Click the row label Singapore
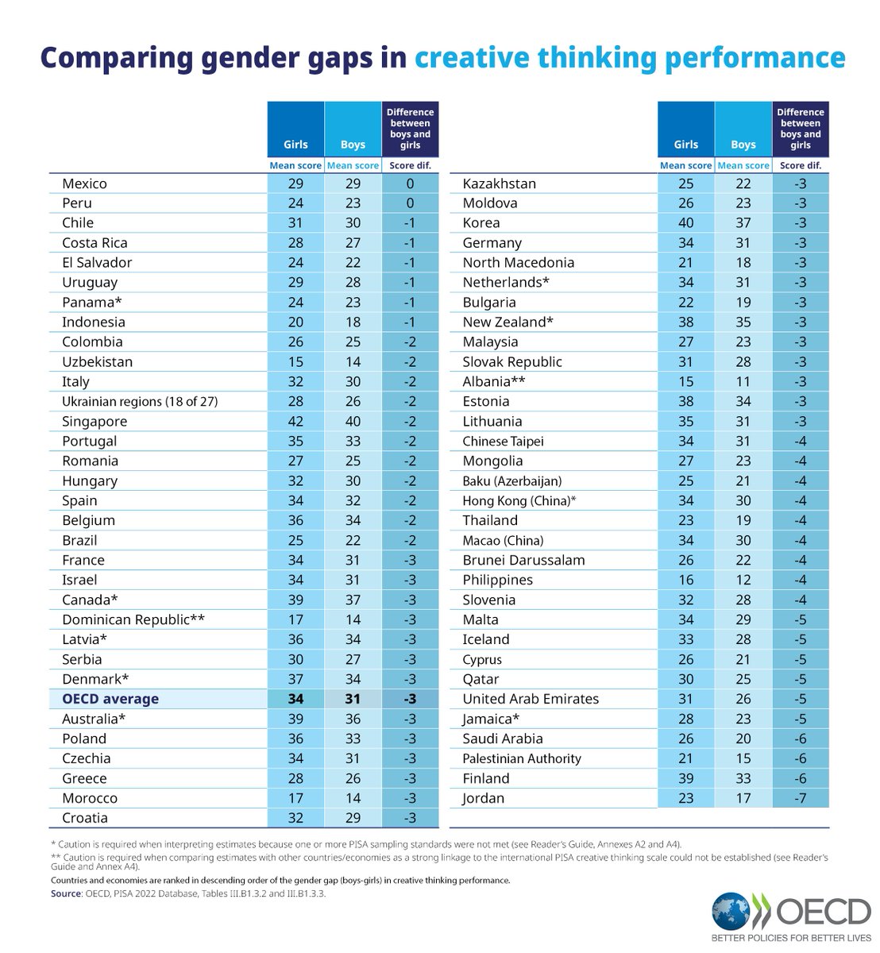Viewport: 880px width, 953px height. click(95, 422)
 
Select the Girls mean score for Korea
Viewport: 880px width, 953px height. click(685, 223)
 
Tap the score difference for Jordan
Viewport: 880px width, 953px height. click(800, 799)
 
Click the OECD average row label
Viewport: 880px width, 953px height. click(110, 700)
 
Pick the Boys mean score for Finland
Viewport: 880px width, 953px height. click(743, 779)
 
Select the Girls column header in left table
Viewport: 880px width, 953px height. click(295, 145)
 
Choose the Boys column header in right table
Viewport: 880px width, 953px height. click(743, 145)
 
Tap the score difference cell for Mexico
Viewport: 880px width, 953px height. click(410, 183)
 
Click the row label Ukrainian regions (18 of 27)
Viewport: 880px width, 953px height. click(140, 402)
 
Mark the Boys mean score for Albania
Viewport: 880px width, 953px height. click(743, 382)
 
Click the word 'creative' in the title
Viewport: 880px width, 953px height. click(472, 58)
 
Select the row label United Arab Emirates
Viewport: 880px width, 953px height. click(531, 700)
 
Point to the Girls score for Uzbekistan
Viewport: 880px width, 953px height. click(295, 362)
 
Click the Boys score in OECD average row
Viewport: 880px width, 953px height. click(353, 700)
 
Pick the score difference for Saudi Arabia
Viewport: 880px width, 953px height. click(800, 739)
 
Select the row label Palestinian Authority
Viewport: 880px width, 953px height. click(522, 759)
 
